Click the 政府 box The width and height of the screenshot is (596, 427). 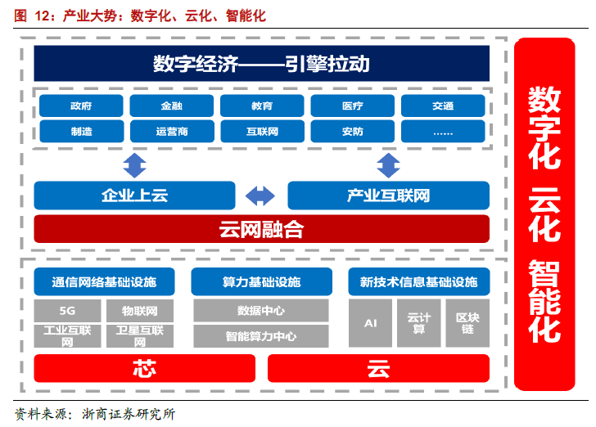point(81,106)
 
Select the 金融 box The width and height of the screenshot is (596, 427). point(172,106)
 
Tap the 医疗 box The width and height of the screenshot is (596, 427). point(353,106)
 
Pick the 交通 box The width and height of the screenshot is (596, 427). point(443,106)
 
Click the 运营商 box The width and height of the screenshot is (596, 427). point(172,131)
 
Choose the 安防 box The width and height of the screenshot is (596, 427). point(353,131)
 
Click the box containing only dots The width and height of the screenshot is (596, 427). point(443,131)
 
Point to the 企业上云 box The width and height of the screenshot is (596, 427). point(134,196)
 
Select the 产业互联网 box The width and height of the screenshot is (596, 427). point(388,196)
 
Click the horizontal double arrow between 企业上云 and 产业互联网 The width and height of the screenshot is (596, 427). point(261,196)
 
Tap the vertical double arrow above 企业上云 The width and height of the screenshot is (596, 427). point(134,166)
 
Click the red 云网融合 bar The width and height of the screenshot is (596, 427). point(261,229)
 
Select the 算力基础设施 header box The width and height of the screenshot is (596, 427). point(261,281)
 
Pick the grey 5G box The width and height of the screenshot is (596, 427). point(68,311)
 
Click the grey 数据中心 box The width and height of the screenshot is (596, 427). point(261,311)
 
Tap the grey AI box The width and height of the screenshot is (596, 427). point(370,323)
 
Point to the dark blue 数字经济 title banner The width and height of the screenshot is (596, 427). point(261,63)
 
